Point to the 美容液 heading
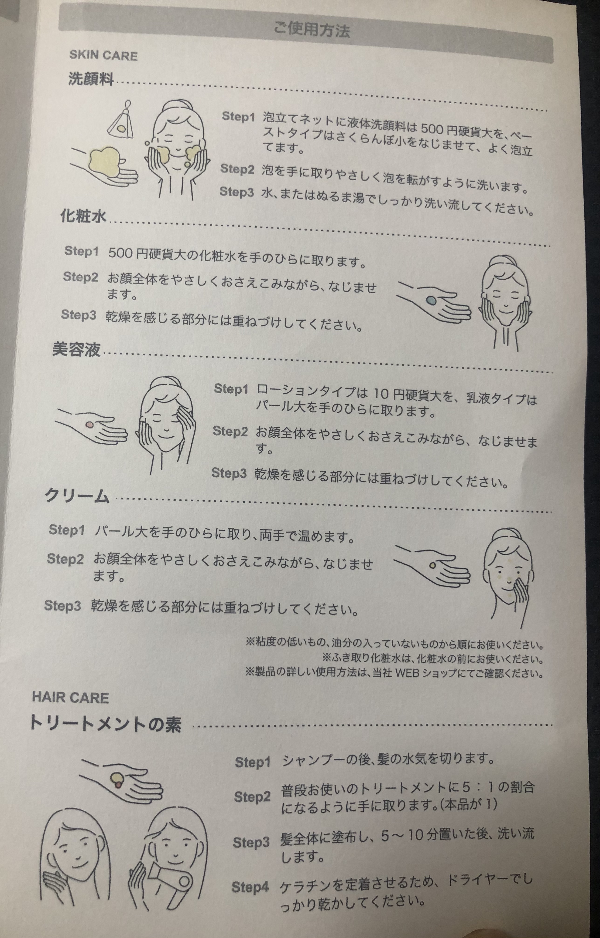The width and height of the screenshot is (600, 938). click(x=76, y=349)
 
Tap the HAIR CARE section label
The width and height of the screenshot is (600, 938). click(x=70, y=697)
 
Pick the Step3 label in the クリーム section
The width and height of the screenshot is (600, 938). click(x=62, y=605)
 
